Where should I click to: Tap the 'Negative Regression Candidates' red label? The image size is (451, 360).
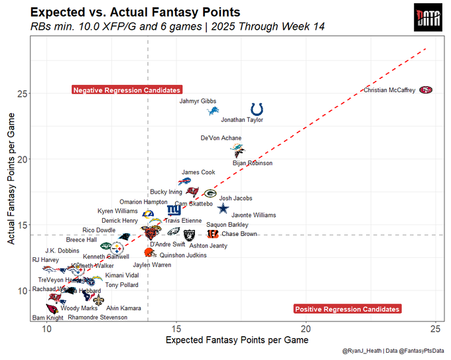point(126,90)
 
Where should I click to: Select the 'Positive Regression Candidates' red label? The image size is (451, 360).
point(347,309)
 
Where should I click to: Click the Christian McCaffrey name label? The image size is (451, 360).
point(389,90)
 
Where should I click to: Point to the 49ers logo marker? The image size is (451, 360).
point(426,90)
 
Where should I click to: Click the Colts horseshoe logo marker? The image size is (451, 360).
point(257,109)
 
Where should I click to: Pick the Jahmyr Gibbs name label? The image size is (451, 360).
point(198,101)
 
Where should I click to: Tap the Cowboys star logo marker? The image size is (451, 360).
point(223,209)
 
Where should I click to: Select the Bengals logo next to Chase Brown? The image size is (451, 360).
point(212,233)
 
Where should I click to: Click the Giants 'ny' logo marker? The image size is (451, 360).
point(174,210)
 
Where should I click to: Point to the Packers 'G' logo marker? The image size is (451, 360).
point(210,194)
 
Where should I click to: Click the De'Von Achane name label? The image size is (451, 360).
point(221,139)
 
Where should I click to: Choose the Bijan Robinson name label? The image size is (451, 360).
point(252,163)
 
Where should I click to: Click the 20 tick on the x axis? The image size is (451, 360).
point(306,329)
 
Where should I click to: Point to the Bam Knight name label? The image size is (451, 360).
point(48,318)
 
